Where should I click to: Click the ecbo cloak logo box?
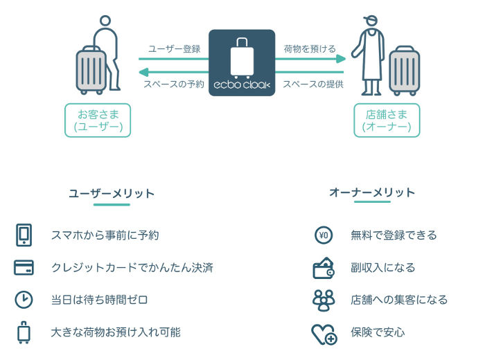(x=242, y=63)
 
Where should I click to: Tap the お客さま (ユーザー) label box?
(x=98, y=120)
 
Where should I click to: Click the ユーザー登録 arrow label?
(x=174, y=49)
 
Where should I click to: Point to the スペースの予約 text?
(x=174, y=84)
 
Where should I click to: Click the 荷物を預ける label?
(x=310, y=49)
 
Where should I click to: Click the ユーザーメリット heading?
(x=112, y=193)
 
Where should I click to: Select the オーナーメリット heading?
(x=372, y=192)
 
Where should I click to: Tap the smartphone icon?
(x=24, y=235)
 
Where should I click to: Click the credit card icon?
(x=24, y=268)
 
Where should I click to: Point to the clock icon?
(x=24, y=300)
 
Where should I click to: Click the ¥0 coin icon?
(x=324, y=235)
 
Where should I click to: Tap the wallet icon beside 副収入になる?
(x=324, y=268)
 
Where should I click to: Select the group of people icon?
(x=324, y=300)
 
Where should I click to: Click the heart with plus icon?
(x=324, y=333)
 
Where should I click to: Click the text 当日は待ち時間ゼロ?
(x=100, y=300)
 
